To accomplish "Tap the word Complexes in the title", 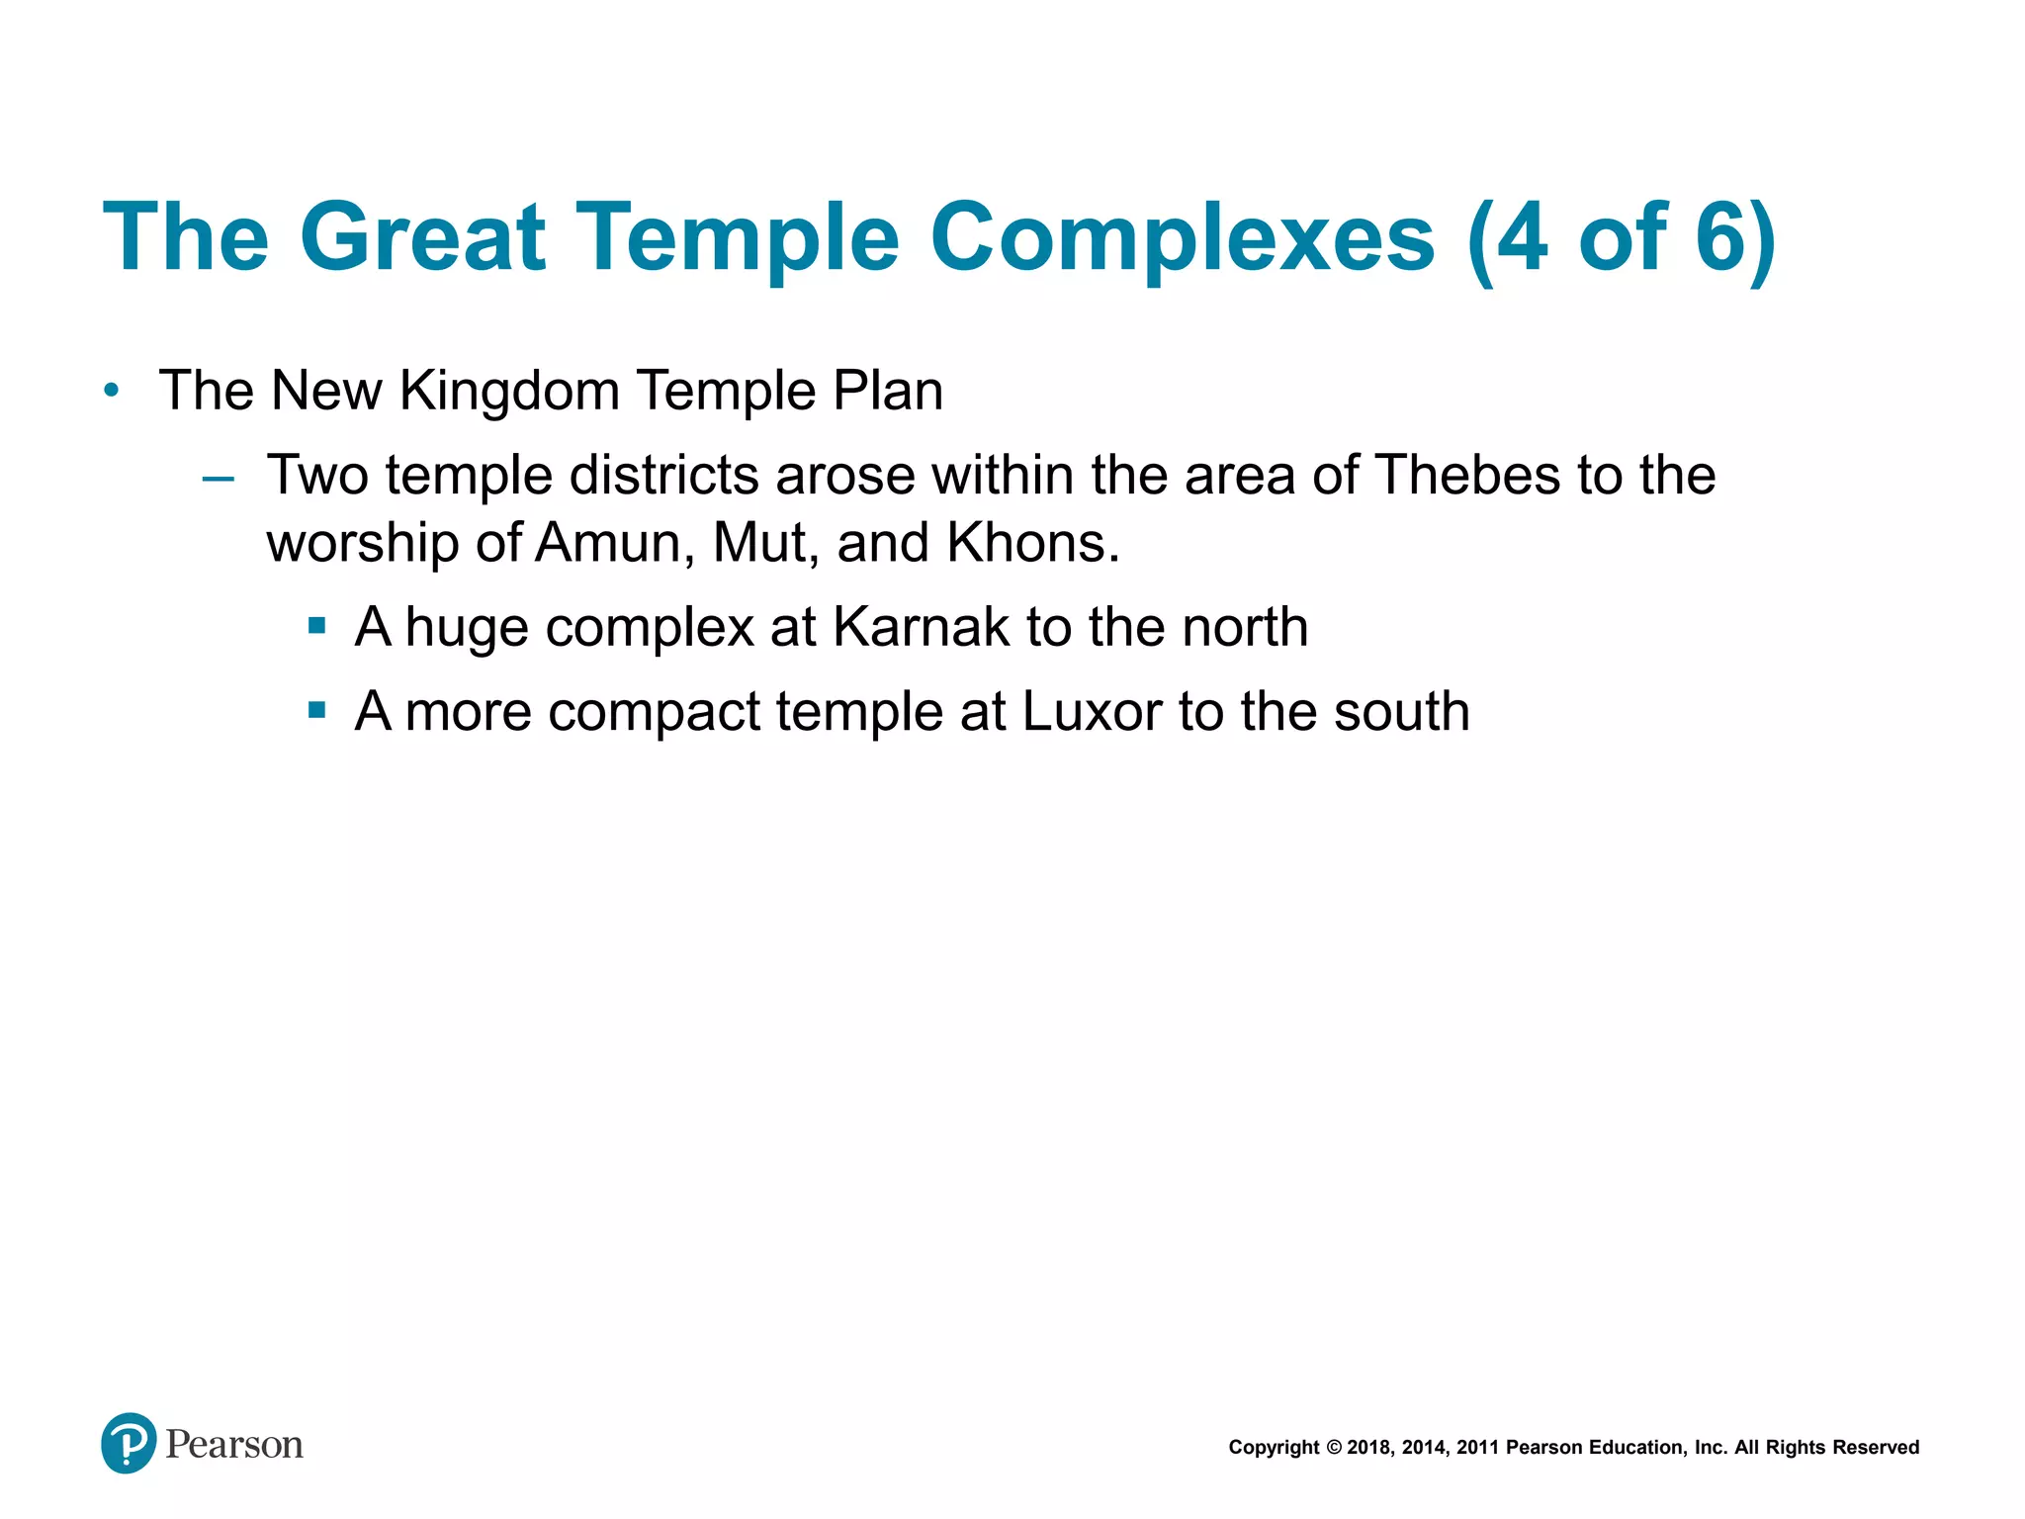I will click(x=1182, y=237).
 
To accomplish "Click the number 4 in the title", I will click(x=1522, y=237).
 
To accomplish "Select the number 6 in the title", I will click(x=1720, y=237).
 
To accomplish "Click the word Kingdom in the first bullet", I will click(x=509, y=391).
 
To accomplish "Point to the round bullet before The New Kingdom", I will click(x=112, y=391).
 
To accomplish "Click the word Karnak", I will click(x=921, y=627).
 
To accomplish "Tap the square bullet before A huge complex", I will click(x=316, y=625).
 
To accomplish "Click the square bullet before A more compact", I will click(x=316, y=709).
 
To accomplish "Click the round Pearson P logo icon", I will click(x=129, y=1443).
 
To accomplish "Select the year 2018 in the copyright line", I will click(x=1368, y=1448).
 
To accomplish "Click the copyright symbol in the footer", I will click(x=1333, y=1448).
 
